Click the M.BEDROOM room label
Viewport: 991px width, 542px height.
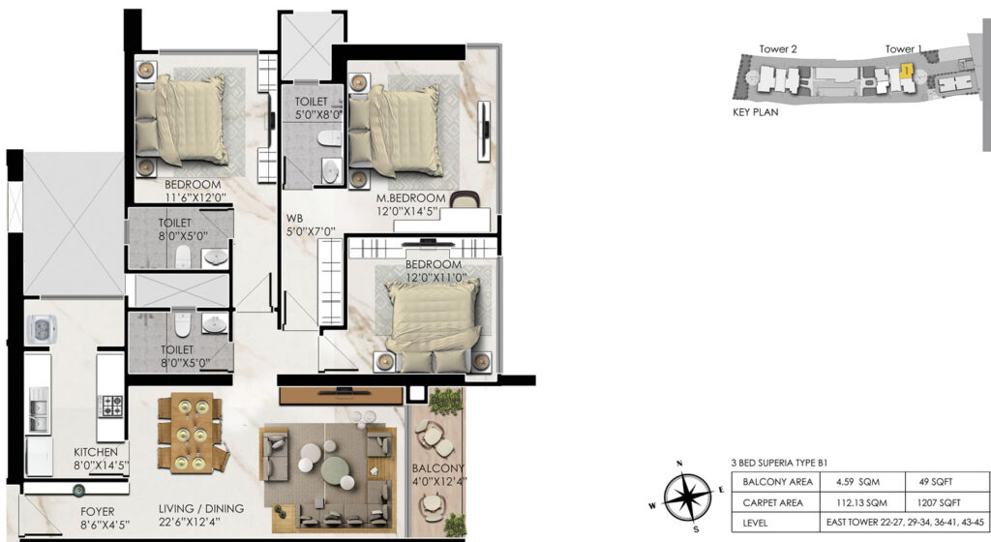[410, 197]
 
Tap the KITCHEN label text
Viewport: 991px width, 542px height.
[96, 452]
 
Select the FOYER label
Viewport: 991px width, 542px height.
[98, 512]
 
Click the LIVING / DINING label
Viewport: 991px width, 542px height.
[201, 508]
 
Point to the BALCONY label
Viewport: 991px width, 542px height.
[438, 468]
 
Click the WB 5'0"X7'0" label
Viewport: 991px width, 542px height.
[311, 225]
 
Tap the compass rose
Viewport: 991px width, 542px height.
[687, 497]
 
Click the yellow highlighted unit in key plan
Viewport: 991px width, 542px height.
[906, 70]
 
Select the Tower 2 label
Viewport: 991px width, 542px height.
[778, 48]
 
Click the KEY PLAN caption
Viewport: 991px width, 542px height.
[755, 112]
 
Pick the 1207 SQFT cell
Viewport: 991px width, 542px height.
[939, 503]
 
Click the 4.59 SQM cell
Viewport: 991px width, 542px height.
[857, 481]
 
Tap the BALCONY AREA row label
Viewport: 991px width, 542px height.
[777, 481]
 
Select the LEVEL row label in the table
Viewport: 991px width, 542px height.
[755, 523]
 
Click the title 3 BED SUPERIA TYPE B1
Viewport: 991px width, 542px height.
[779, 463]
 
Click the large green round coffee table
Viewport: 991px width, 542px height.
[336, 470]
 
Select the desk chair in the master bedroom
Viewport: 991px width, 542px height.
[465, 198]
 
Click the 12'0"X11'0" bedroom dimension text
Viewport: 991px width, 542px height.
[435, 278]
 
